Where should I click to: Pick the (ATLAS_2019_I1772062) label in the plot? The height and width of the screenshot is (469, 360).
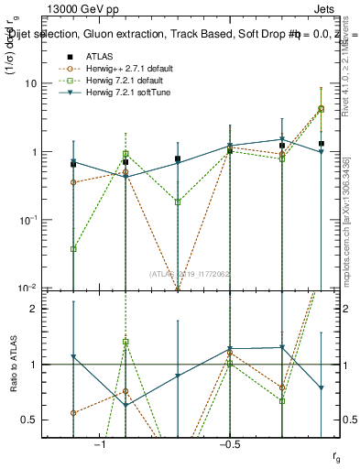[x=191, y=273]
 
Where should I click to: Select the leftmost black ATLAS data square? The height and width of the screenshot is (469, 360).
[x=73, y=164]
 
